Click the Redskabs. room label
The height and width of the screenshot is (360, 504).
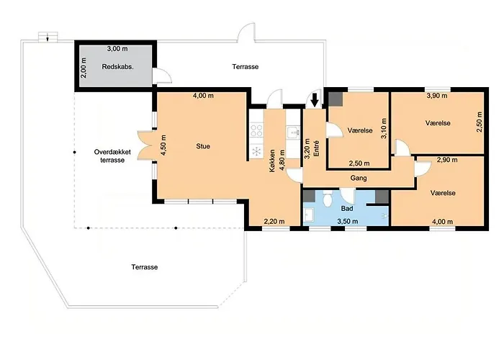[x=117, y=67]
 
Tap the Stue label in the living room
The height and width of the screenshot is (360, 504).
[x=203, y=146]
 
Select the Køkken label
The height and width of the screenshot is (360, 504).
[x=272, y=161]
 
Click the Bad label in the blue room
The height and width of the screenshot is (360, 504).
[x=347, y=209]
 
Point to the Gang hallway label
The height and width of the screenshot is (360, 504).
[x=359, y=178]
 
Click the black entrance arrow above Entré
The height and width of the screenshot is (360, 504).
[x=315, y=99]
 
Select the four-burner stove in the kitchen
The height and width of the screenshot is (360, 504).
[x=256, y=130]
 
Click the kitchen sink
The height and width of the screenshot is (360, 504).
[x=293, y=132]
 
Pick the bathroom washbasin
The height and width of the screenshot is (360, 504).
[x=310, y=215]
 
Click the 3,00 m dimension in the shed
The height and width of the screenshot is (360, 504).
[x=117, y=49]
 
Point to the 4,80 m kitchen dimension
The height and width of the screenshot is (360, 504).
[x=282, y=161]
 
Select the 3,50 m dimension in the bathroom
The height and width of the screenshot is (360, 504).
[x=348, y=222]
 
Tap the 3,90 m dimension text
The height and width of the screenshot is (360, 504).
[x=437, y=96]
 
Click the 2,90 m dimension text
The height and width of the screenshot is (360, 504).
[x=447, y=159]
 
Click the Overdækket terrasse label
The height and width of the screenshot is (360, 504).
[x=112, y=156]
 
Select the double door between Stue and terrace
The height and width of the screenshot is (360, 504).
[x=145, y=145]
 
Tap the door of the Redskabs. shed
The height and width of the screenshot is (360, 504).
[x=162, y=76]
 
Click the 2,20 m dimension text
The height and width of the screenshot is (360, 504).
[x=274, y=221]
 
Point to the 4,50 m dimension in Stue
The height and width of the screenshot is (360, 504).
[x=164, y=145]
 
